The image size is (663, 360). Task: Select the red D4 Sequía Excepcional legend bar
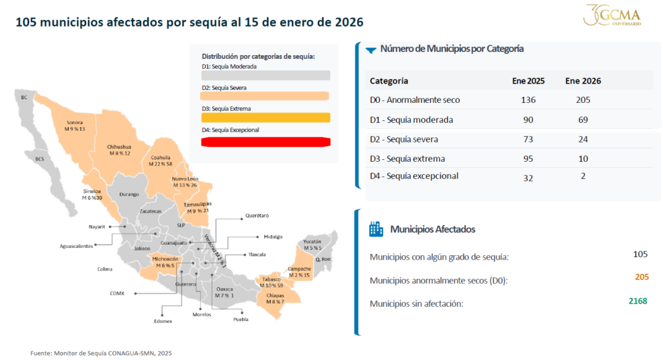tap(266, 142)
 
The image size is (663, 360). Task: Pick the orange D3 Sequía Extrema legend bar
tap(266, 118)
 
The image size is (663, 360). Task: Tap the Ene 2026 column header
tap(583, 81)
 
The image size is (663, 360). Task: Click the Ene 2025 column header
tap(528, 81)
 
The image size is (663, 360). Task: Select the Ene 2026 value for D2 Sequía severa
tap(583, 139)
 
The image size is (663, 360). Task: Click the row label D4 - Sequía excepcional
tap(414, 176)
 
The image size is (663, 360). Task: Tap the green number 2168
tap(638, 301)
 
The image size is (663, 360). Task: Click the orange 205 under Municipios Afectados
tap(641, 277)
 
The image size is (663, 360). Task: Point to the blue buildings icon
tap(376, 229)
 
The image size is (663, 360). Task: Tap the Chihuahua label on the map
tap(119, 147)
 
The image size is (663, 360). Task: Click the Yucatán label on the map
tap(311, 242)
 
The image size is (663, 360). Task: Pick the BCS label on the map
tap(39, 159)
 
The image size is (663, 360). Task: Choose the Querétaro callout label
tap(257, 216)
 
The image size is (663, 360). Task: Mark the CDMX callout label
tap(117, 293)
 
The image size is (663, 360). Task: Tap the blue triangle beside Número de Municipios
tap(372, 49)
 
